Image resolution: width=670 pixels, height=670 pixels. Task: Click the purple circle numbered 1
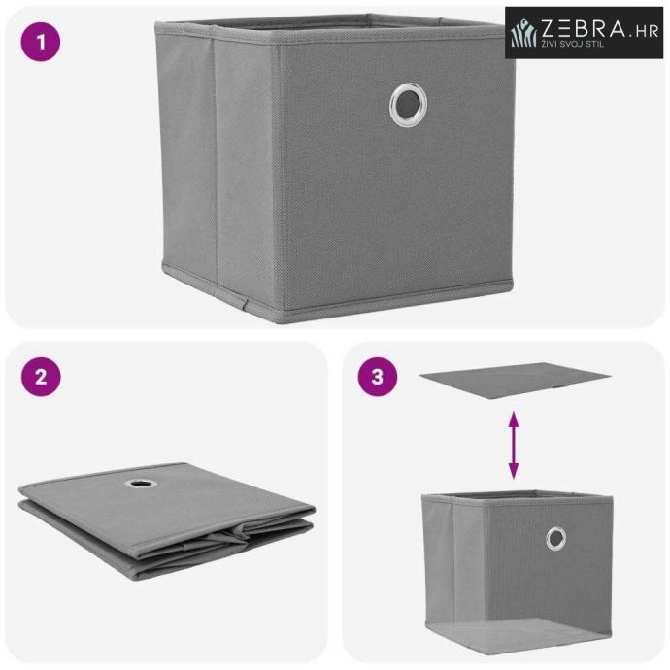point(41,42)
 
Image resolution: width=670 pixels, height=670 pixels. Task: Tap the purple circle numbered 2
point(41,377)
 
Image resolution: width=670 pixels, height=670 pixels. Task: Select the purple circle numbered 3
point(378,377)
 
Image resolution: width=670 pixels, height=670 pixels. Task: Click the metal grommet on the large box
point(408,105)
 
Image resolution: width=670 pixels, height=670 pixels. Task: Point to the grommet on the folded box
point(141,484)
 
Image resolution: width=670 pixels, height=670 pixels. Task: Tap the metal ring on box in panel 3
point(556,538)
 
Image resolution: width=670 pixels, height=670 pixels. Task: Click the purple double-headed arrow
point(514,445)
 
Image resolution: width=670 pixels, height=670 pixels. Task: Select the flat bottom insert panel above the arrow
point(516,381)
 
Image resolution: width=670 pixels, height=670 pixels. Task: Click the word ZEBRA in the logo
point(583,28)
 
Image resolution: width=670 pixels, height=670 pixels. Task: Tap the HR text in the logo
point(645,31)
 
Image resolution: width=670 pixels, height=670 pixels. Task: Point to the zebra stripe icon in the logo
point(523,32)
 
